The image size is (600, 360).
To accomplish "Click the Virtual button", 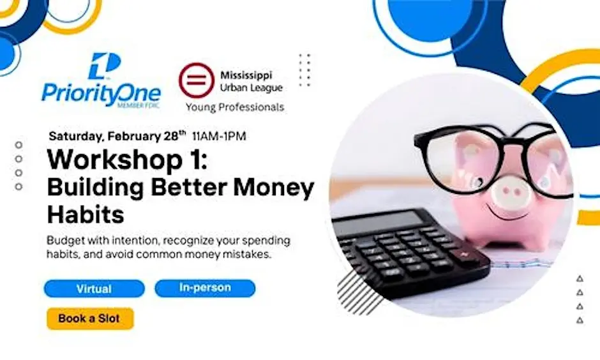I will pos(94,289).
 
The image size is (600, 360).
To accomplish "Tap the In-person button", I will pos(205,288).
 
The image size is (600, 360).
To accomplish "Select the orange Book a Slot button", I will pos(89,319).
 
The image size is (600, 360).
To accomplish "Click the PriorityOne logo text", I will pos(101,93).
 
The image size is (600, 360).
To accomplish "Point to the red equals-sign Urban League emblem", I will pos(196,80).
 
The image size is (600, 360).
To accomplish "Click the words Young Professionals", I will pos(234,107).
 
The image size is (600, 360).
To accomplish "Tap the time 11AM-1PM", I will pos(219,136).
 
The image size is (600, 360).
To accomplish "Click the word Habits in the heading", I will pos(86,214).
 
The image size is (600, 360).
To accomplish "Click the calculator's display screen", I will pos(380,223).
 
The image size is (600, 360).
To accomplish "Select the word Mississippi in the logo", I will pos(246,75).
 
